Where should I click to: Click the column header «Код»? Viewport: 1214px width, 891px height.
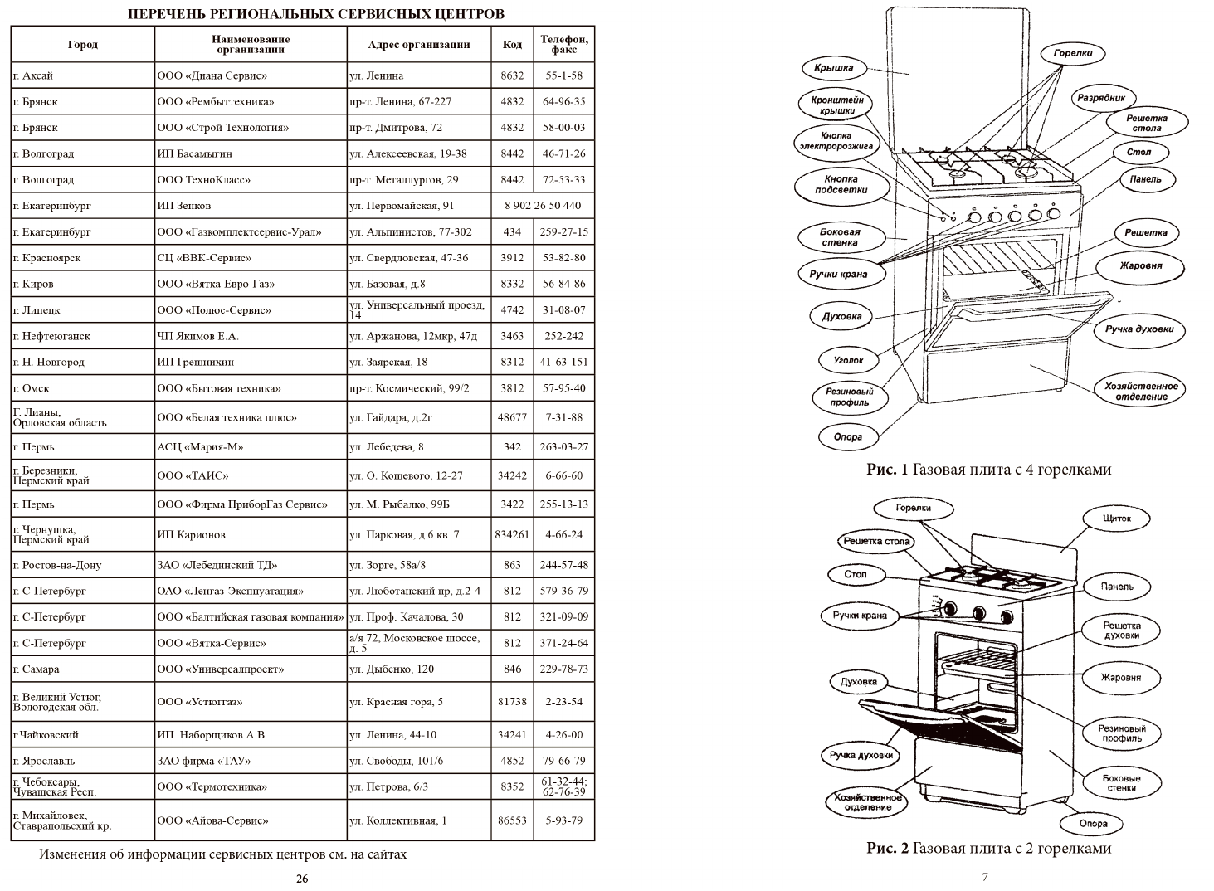pyautogui.click(x=512, y=44)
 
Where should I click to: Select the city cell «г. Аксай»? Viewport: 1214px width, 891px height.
pyautogui.click(x=33, y=75)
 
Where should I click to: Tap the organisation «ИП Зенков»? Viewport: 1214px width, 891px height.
pyautogui.click(x=184, y=206)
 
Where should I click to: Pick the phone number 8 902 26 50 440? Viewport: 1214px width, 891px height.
pyautogui.click(x=543, y=206)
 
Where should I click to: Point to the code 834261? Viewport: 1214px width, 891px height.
pyautogui.click(x=512, y=535)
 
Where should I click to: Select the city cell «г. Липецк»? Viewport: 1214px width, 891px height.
pyautogui.click(x=37, y=310)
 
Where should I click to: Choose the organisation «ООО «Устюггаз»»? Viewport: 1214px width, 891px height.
pyautogui.click(x=200, y=702)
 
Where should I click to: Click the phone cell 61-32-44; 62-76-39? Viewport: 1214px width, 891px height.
pyautogui.click(x=563, y=786)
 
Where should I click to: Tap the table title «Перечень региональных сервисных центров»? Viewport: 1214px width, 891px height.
pyautogui.click(x=315, y=14)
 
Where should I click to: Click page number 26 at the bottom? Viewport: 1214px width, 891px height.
pyautogui.click(x=302, y=879)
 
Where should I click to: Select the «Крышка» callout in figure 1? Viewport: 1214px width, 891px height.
pyautogui.click(x=833, y=68)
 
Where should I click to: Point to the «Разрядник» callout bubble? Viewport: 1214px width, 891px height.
pyautogui.click(x=1101, y=98)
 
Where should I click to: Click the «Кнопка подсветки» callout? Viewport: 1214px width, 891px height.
pyautogui.click(x=841, y=184)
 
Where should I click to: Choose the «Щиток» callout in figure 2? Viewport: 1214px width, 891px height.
pyautogui.click(x=1117, y=519)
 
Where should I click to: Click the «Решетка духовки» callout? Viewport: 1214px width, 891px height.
pyautogui.click(x=1121, y=631)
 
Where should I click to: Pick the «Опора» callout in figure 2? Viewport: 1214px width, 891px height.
pyautogui.click(x=1094, y=824)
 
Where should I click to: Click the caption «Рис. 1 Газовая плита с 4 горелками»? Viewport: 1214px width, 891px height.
pyautogui.click(x=988, y=470)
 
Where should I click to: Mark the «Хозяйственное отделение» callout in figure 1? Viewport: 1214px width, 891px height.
pyautogui.click(x=1141, y=392)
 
